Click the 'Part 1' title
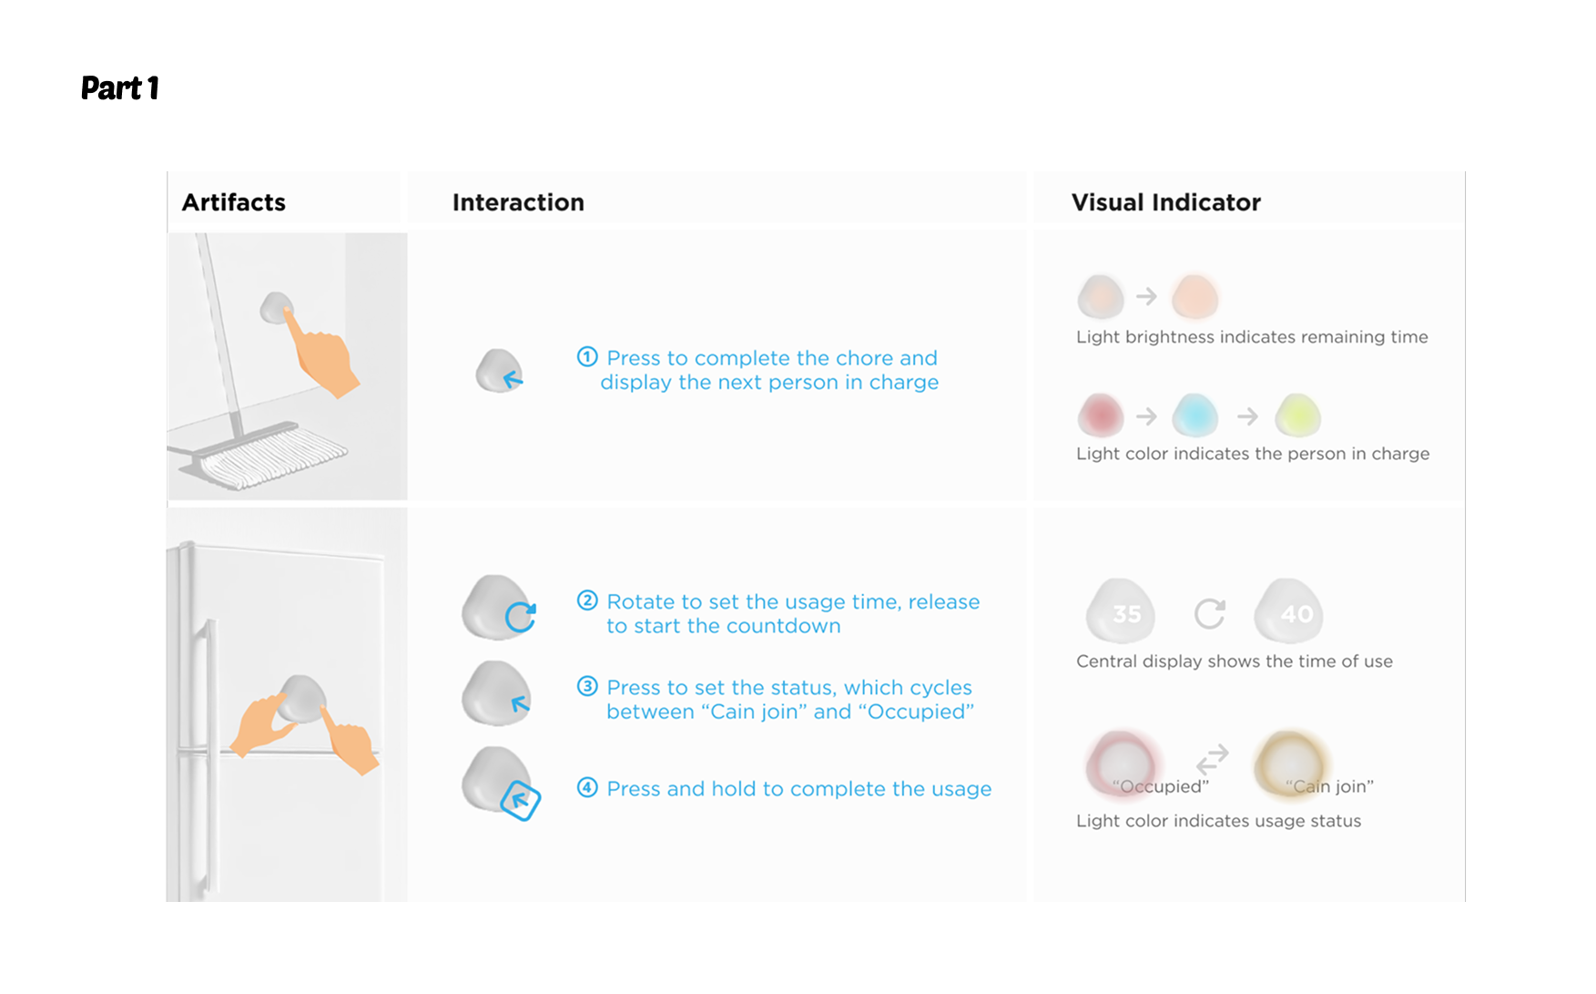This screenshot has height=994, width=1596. click(x=120, y=87)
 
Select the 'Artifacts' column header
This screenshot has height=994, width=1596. click(x=234, y=202)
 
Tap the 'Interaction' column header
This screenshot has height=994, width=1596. click(x=518, y=202)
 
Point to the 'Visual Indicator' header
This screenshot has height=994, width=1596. click(x=1166, y=202)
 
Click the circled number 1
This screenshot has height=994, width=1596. click(x=587, y=357)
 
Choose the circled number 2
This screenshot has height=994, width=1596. click(x=587, y=600)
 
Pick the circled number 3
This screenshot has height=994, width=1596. click(x=587, y=686)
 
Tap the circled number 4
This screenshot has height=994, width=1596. click(x=587, y=787)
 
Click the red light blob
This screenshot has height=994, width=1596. click(x=1101, y=415)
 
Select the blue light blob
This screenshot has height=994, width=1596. click(x=1195, y=415)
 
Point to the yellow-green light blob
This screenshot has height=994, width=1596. click(x=1298, y=415)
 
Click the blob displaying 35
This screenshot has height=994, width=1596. click(x=1121, y=612)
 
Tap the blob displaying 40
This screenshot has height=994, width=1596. click(x=1289, y=612)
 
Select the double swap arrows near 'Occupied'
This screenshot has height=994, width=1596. click(x=1213, y=759)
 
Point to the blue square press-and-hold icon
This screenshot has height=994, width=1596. click(x=521, y=800)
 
